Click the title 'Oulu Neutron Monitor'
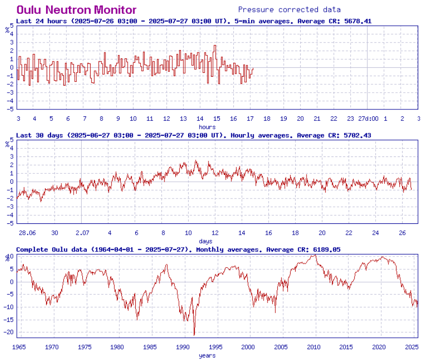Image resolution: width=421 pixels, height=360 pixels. click(77, 9)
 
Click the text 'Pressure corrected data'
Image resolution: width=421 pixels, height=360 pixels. click(289, 9)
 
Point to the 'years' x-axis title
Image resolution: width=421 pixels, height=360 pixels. click(207, 355)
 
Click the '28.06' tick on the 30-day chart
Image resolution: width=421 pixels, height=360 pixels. click(27, 233)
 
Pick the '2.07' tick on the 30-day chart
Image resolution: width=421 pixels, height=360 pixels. click(82, 233)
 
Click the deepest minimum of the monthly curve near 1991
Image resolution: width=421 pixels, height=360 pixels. click(194, 335)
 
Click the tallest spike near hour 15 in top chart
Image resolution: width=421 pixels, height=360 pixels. click(215, 46)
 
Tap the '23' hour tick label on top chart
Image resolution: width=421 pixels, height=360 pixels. click(351, 119)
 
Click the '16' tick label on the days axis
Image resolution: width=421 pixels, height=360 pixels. click(268, 233)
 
